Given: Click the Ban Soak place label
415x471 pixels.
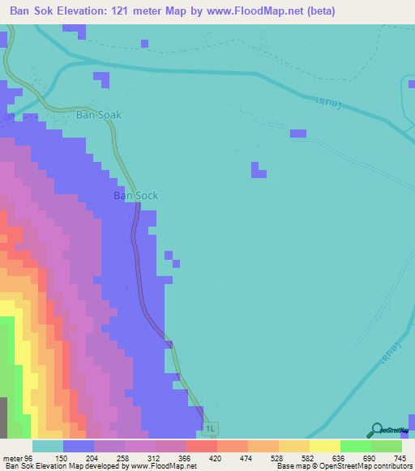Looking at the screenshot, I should tap(98, 115).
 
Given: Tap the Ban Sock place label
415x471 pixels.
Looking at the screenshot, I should tap(135, 196).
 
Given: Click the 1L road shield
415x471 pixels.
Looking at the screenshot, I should tap(211, 428).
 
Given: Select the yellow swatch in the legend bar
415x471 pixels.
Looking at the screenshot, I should tap(324, 446).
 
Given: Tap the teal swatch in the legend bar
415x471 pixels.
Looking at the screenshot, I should tap(47, 446).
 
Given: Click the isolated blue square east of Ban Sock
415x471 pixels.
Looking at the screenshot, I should tap(259, 170).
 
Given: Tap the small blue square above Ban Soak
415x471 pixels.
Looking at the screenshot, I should tap(101, 79).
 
